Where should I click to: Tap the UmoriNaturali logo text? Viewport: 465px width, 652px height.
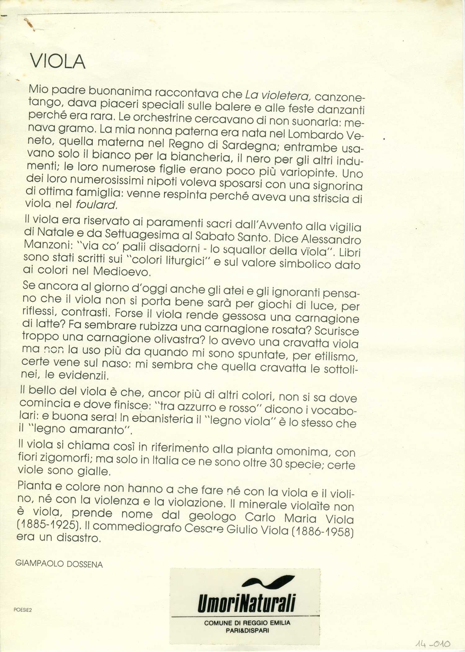tap(246, 604)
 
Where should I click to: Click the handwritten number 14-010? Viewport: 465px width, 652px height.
tap(433, 643)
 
